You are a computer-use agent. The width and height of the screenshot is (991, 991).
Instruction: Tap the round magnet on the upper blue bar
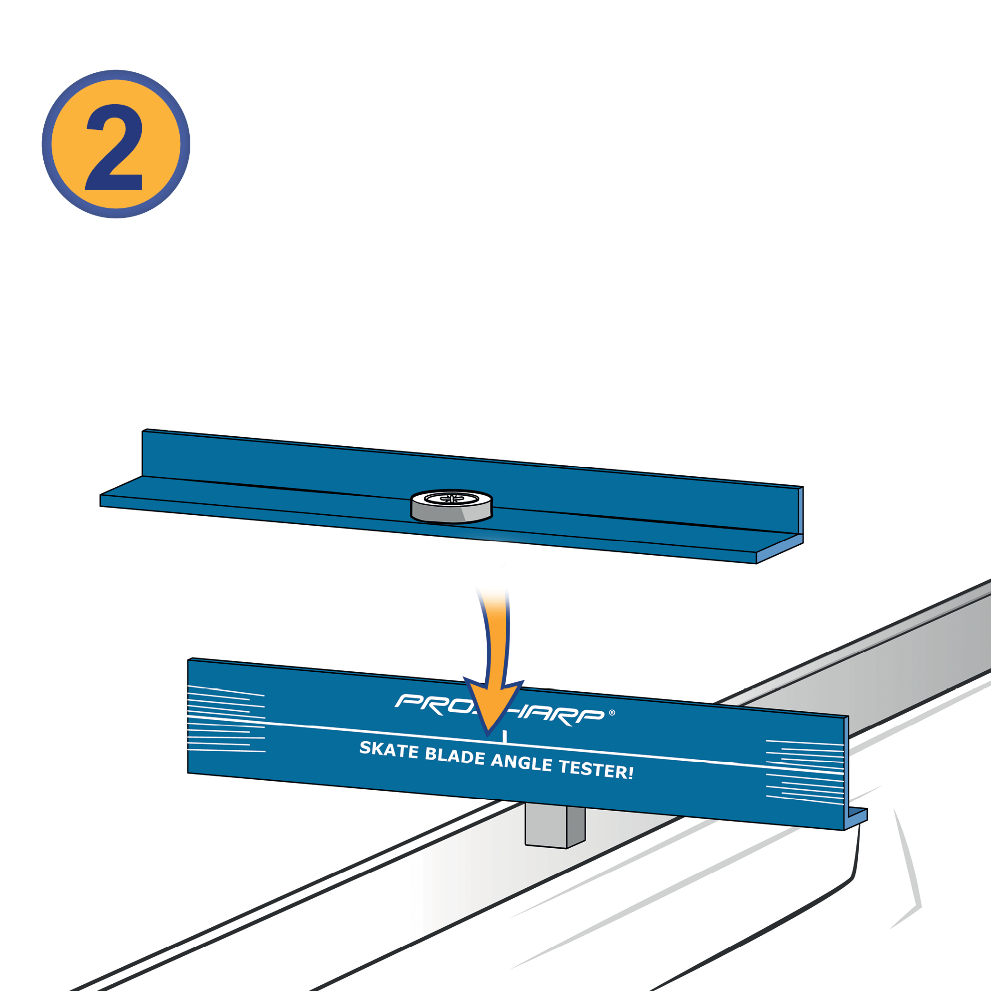(451, 505)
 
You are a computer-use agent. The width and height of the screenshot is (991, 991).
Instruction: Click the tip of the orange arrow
(488, 731)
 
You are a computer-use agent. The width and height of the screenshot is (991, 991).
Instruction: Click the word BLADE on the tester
(454, 756)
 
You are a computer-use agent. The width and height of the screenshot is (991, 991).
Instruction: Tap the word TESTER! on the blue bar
(596, 769)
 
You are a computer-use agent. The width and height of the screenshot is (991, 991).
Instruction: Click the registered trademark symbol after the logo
(612, 713)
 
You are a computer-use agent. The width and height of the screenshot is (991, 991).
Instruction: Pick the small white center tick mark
(505, 736)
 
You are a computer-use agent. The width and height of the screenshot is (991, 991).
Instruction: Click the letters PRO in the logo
(436, 704)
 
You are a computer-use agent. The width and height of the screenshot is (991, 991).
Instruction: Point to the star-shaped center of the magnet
(452, 498)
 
